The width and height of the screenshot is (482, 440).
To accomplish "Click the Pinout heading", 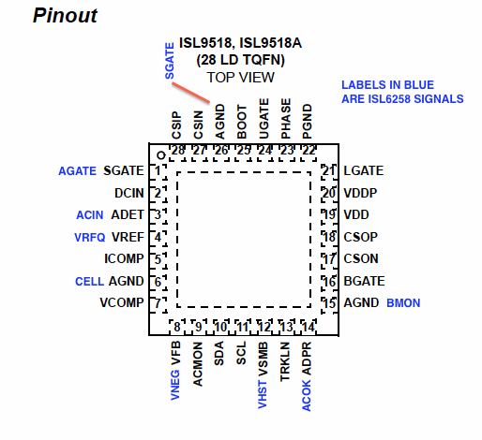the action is click(65, 15).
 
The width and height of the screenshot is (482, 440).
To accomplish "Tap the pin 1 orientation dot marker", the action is click(161, 155).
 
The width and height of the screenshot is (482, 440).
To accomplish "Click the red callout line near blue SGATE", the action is click(190, 93).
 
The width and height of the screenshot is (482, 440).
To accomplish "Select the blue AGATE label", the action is click(77, 171).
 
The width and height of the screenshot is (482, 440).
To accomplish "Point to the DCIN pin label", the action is click(129, 193).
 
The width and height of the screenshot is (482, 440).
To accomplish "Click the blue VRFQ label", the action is click(90, 238).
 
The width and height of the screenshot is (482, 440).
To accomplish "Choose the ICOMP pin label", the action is click(124, 258).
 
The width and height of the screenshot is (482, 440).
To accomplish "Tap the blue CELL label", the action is click(89, 282).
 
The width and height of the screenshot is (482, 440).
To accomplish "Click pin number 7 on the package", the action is click(158, 302).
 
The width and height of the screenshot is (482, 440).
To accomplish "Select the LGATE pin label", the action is click(364, 170).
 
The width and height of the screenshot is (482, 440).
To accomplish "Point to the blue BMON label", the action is click(403, 303).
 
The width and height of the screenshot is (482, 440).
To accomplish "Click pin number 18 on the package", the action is click(329, 237).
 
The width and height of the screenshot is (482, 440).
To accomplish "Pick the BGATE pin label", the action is click(364, 281).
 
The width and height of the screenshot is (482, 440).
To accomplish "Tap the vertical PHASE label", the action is click(286, 119).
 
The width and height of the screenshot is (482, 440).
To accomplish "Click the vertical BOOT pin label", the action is click(242, 122).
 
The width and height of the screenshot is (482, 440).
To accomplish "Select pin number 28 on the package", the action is click(178, 150).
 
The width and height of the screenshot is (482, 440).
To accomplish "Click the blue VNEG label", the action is click(175, 385).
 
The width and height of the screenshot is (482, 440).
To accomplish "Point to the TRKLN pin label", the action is click(285, 361).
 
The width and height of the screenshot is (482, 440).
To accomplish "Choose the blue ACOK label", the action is click(307, 395).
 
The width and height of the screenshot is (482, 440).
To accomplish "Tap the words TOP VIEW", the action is click(240, 78).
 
